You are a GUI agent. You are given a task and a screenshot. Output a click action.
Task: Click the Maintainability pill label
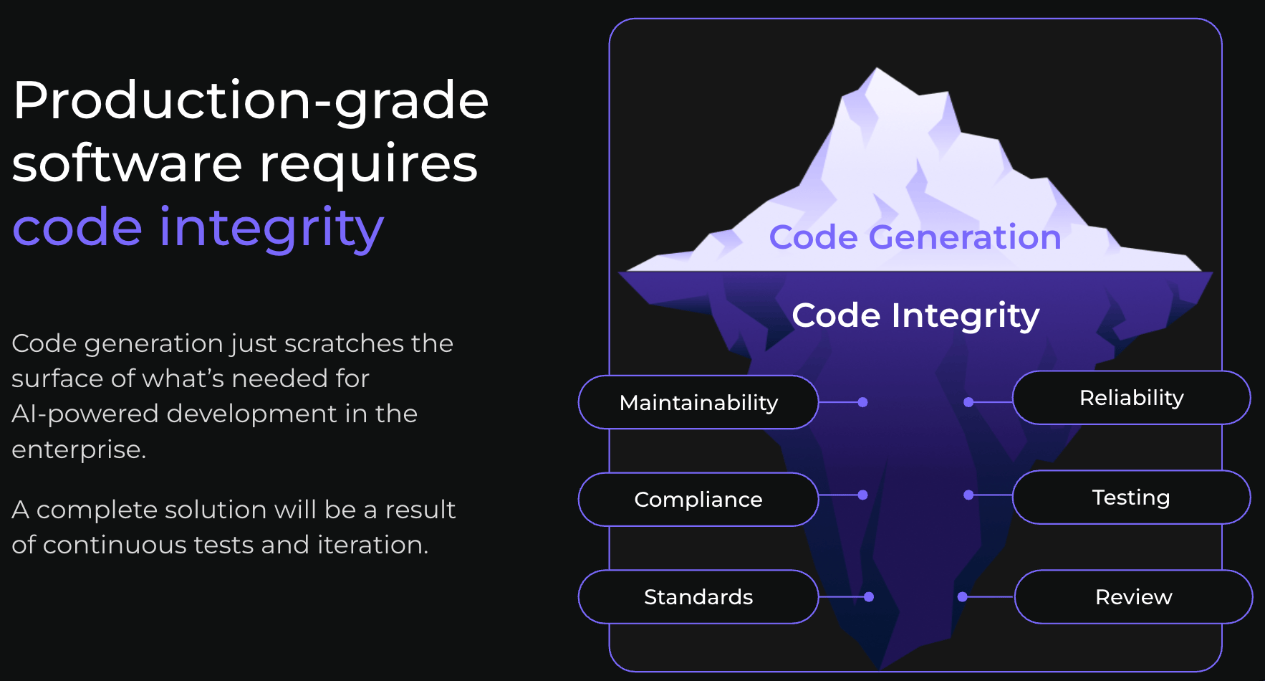coord(698,402)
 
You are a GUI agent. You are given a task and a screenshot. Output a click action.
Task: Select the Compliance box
coord(698,500)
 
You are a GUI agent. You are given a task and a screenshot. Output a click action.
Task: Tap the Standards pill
coord(698,597)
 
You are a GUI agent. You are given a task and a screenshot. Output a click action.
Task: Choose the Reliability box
coord(1132,398)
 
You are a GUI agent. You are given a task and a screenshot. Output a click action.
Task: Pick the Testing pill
coord(1132,497)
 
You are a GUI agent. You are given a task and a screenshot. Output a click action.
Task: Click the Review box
coord(1134,597)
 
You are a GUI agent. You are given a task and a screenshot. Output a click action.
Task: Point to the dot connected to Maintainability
coord(863,402)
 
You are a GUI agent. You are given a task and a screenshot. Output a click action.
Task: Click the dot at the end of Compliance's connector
coord(863,495)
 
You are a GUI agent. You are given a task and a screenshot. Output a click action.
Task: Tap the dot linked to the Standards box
coord(869,597)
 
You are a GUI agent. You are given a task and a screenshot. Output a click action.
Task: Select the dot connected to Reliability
coord(968,402)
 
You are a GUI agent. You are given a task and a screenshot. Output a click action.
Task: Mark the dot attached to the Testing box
coord(968,495)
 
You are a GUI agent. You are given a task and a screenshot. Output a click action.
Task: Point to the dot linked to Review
coord(963,597)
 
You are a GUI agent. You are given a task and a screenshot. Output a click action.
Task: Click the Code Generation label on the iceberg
coord(915,237)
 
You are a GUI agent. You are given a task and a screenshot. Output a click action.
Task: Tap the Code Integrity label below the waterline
coord(915,316)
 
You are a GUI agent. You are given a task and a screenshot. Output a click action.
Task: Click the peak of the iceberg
coord(877,69)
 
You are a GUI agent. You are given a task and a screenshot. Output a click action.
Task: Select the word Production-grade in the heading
coord(251,101)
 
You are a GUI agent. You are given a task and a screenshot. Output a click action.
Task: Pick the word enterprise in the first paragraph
coord(79,450)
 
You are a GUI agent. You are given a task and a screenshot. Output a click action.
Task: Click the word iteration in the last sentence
coord(372,545)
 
